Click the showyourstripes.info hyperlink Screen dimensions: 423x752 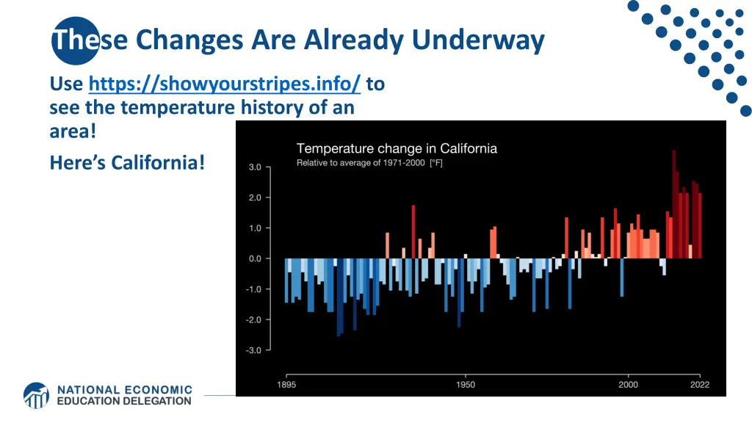click(x=224, y=84)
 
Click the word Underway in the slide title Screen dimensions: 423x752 click(x=477, y=40)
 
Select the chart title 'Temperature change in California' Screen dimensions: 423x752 click(x=397, y=148)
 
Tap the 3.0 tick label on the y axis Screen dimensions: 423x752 click(x=253, y=167)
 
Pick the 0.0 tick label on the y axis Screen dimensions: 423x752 click(x=253, y=258)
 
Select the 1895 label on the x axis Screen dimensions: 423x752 click(x=286, y=385)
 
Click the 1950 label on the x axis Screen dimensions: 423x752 click(x=465, y=385)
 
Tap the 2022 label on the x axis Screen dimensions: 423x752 click(x=699, y=385)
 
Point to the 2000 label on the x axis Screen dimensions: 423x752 click(x=628, y=385)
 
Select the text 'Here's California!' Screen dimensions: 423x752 click(x=127, y=162)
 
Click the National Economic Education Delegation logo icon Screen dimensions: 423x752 click(x=36, y=395)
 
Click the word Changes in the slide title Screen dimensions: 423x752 click(x=189, y=40)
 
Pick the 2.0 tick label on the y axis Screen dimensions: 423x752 click(x=253, y=198)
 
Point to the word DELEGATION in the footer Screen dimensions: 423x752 click(x=153, y=401)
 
